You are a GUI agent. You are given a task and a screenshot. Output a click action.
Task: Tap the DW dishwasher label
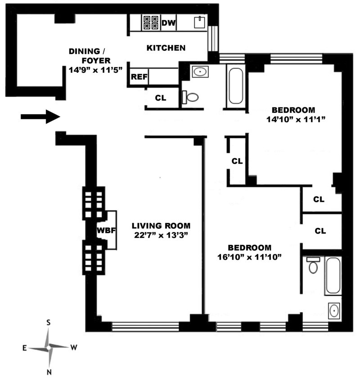(x=168, y=23)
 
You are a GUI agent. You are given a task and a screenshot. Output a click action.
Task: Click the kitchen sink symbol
(x=200, y=22)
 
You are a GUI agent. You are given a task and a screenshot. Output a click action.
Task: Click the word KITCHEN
(x=166, y=48)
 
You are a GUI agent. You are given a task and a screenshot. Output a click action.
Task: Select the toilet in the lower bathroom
(x=313, y=265)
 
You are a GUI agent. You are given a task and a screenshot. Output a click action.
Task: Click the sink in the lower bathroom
(x=334, y=310)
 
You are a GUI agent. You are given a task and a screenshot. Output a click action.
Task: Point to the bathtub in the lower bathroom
(x=333, y=275)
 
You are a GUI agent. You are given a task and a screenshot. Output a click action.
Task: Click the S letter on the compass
(x=49, y=323)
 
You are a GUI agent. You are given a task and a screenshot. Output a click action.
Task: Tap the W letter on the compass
(x=74, y=347)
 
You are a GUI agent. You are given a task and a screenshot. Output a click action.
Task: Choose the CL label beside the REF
(x=160, y=98)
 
